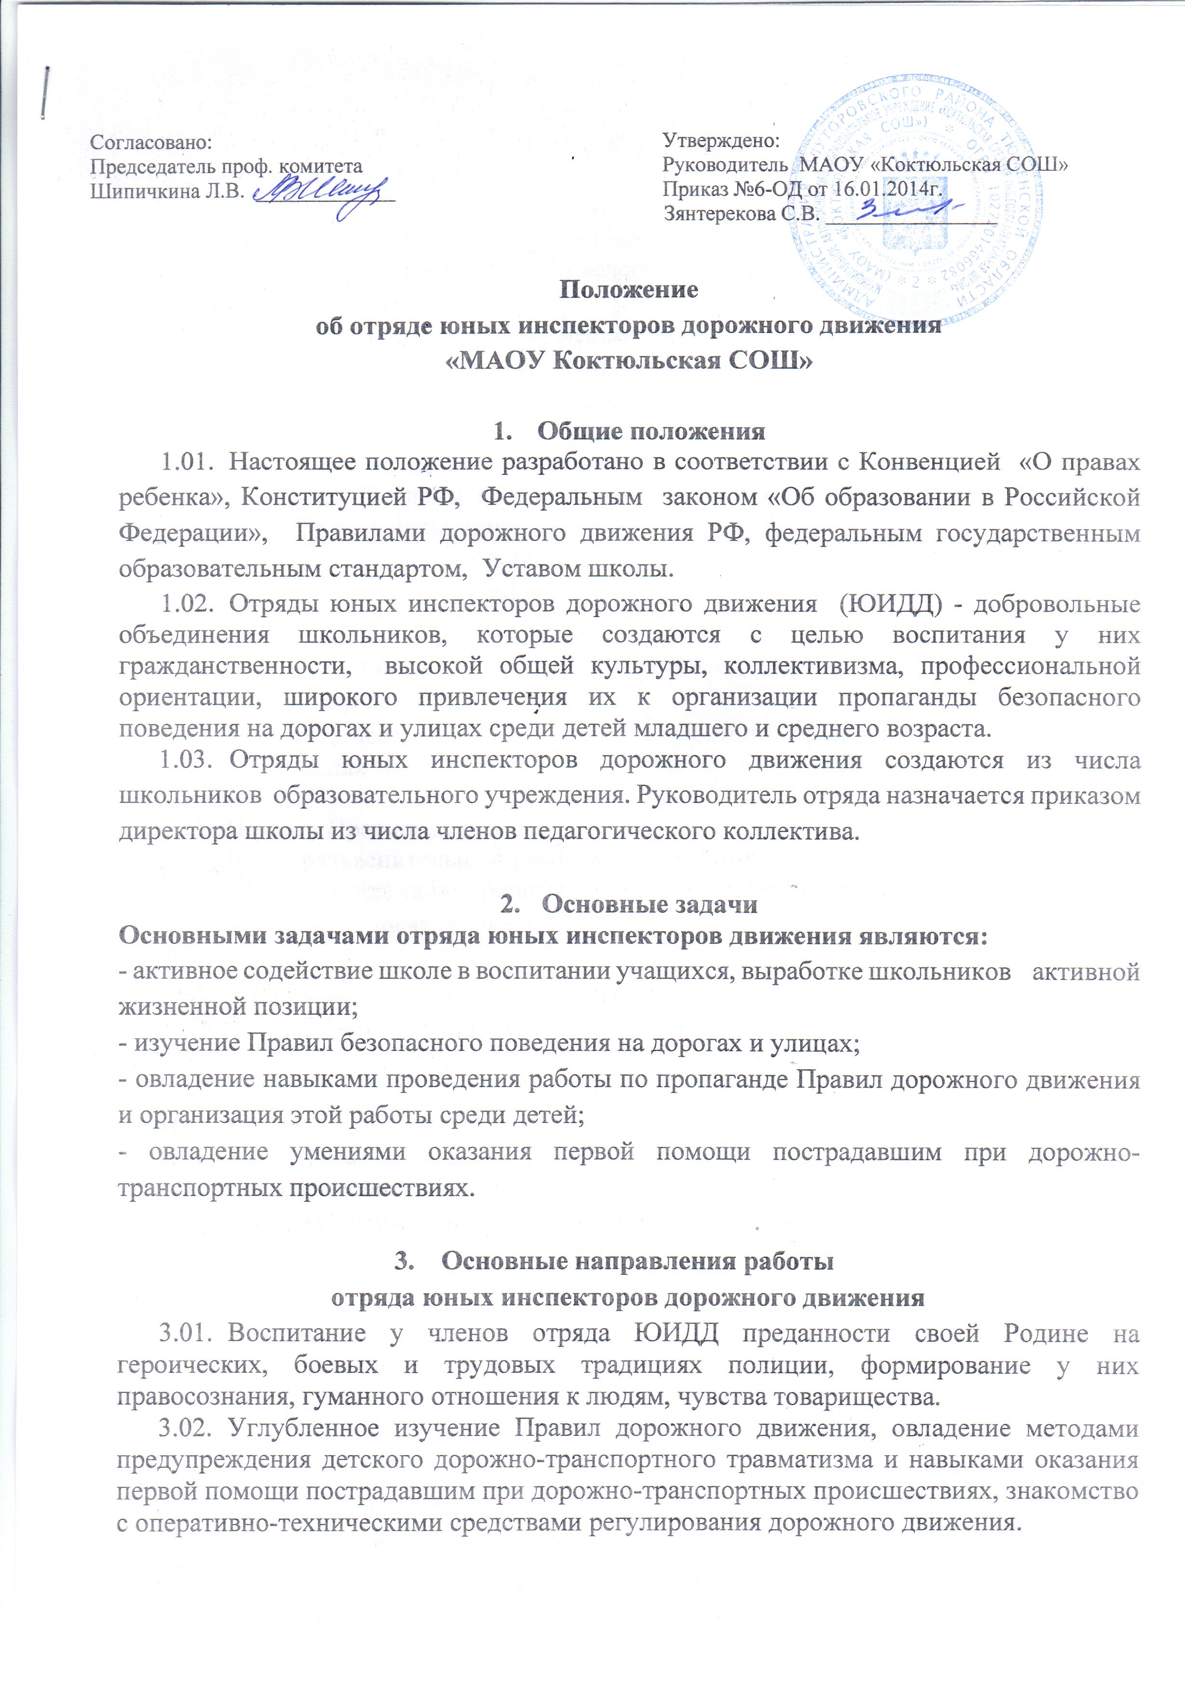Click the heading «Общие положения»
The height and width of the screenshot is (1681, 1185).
pyautogui.click(x=652, y=431)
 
